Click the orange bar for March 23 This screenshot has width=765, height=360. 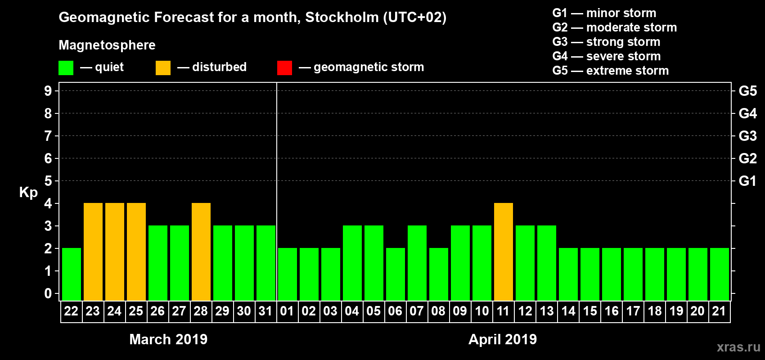pos(93,252)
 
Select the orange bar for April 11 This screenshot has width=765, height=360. pos(504,252)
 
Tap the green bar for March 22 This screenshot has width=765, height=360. pos(72,274)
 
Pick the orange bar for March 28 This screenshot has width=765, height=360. pos(201,252)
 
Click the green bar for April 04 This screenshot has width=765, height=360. pos(352,263)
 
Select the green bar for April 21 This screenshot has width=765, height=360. pos(720,274)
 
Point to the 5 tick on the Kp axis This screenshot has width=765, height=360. pos(48,181)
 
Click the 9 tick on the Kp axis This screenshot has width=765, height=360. pos(48,91)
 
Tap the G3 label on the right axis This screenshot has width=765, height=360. pos(747,136)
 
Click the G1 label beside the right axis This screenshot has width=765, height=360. pos(747,181)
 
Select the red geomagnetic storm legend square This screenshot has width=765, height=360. pos(284,68)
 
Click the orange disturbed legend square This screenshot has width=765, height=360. pos(163,68)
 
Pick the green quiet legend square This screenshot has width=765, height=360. pos(66,68)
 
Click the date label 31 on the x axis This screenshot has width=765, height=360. pos(265,311)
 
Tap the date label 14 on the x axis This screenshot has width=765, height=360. pos(568,311)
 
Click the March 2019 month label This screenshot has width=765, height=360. pos(168,339)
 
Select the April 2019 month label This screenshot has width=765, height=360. pos(503,339)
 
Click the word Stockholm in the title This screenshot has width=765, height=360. pos(342,18)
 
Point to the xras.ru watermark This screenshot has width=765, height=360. pos(738,347)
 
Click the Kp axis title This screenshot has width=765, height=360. pos(28,192)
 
